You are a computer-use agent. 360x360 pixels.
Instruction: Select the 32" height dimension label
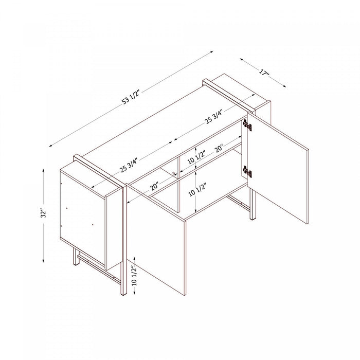(x=43, y=213)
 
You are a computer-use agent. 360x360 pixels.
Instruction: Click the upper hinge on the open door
(x=247, y=125)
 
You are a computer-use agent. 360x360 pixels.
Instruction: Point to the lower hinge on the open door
(x=247, y=171)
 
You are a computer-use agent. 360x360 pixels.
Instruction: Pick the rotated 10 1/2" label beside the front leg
(x=134, y=276)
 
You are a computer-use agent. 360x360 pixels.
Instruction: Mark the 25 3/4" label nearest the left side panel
(x=129, y=165)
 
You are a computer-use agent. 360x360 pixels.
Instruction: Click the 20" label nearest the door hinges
(x=219, y=149)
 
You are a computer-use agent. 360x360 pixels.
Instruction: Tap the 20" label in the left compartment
(x=155, y=186)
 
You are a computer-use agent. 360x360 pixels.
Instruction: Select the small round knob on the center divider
(x=174, y=173)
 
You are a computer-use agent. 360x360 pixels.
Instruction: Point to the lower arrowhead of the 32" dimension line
(x=43, y=260)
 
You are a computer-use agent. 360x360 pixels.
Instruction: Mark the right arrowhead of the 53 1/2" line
(x=211, y=52)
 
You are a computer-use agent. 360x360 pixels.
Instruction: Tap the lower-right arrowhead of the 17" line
(x=284, y=86)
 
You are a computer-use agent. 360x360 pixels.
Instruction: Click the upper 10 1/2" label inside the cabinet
(x=196, y=157)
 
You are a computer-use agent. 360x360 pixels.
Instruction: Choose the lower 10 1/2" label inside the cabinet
(x=196, y=190)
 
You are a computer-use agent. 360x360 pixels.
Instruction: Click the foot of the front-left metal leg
(x=123, y=294)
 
